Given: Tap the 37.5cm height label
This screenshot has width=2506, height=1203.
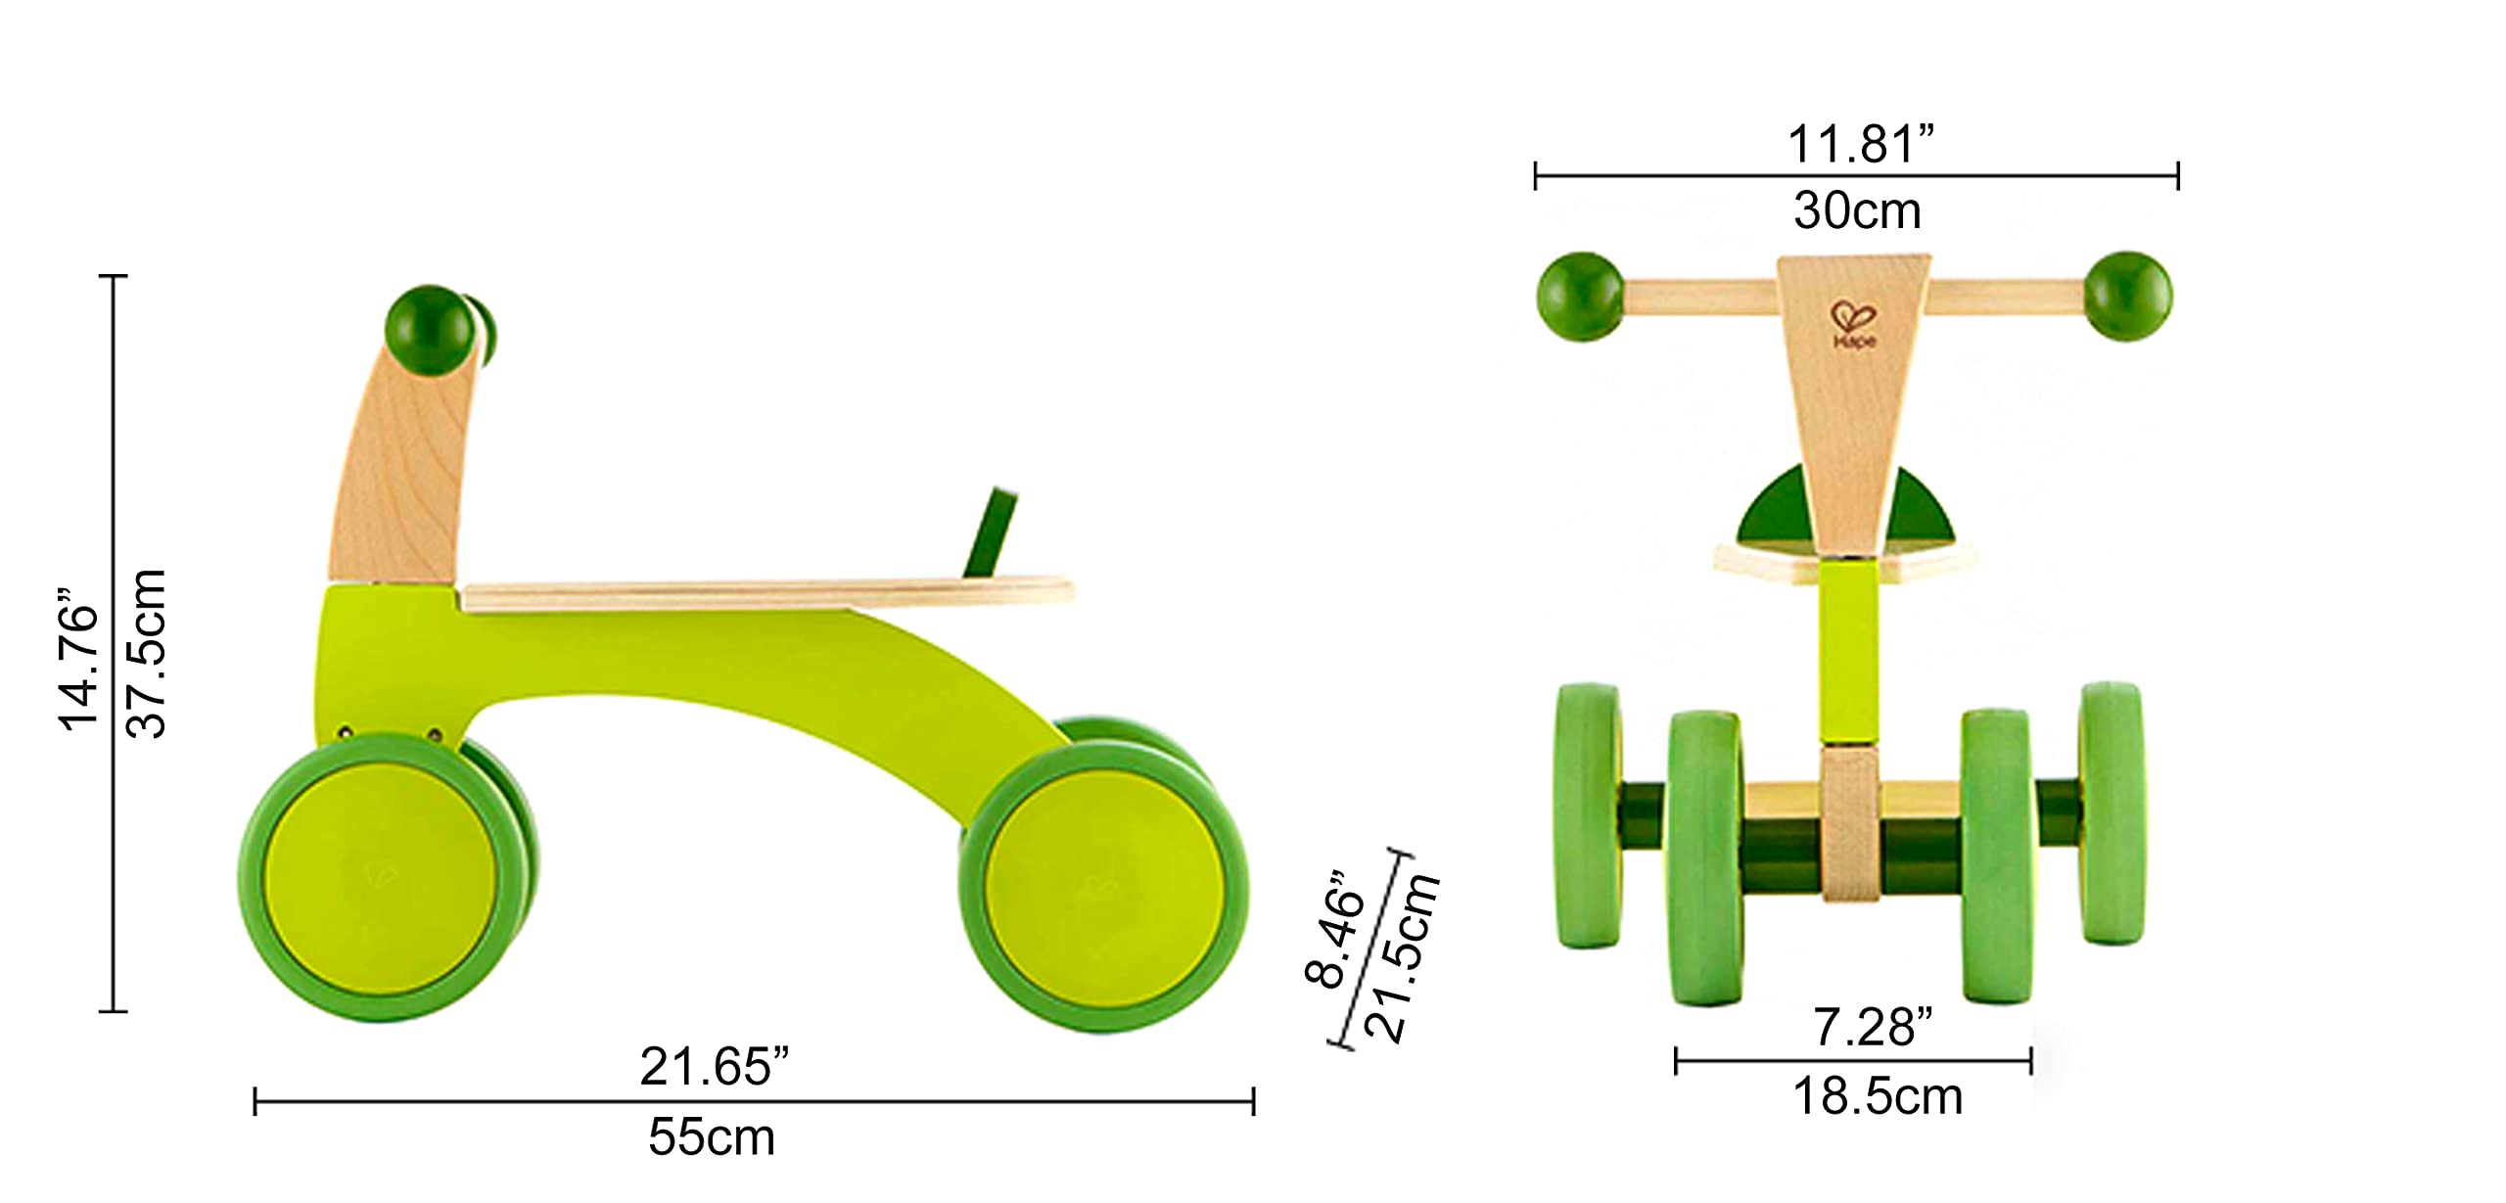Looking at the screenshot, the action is tap(147, 653).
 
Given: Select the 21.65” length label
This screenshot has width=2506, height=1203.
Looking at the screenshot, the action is tap(714, 1067).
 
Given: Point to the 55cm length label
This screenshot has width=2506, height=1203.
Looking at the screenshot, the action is tap(712, 1137).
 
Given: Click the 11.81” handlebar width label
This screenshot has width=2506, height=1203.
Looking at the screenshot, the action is tap(1861, 144).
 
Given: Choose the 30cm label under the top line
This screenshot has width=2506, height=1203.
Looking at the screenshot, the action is tap(1857, 210).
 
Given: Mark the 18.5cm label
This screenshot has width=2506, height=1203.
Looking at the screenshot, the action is tap(1878, 1097).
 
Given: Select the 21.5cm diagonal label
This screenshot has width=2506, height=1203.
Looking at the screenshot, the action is tap(1402, 957).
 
